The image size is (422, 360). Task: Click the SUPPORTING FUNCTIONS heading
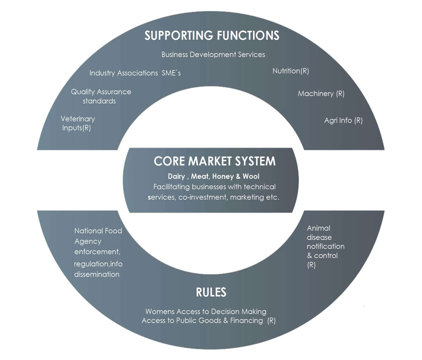(212, 35)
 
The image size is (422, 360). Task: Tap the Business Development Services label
(213, 55)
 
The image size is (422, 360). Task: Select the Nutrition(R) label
(291, 71)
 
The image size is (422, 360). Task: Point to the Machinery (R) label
(321, 94)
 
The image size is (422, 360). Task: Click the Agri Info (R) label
(343, 120)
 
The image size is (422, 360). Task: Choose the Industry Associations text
(124, 73)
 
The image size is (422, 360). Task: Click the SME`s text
(171, 73)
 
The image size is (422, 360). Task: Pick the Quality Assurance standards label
(101, 96)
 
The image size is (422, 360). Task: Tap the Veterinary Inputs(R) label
(77, 123)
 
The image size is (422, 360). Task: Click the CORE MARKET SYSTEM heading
(214, 161)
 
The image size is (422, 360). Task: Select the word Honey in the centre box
(223, 177)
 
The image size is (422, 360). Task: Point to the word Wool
(251, 177)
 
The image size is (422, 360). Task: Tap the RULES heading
(211, 292)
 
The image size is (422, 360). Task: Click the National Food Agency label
(98, 236)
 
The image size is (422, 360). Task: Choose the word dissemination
(97, 274)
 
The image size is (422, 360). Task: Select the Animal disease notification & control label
(325, 246)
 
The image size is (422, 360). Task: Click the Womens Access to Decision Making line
(206, 311)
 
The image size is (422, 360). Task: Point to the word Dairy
(176, 177)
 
